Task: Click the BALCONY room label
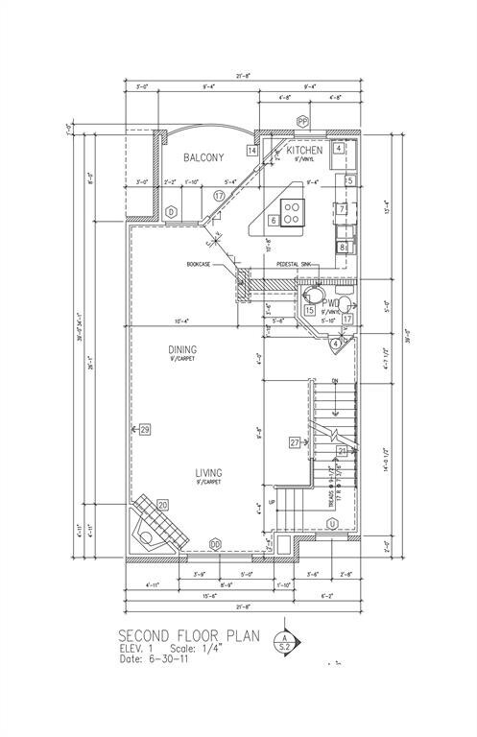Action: [x=203, y=157]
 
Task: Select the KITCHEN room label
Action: [x=304, y=151]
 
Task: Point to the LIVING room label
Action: [x=209, y=473]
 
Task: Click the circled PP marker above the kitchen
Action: [x=302, y=121]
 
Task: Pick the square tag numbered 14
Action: [x=251, y=151]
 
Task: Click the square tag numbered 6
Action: [x=274, y=220]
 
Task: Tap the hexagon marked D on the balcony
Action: [x=171, y=211]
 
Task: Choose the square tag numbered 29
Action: [x=145, y=429]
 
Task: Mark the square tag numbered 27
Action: [x=295, y=442]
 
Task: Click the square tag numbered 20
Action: [x=162, y=505]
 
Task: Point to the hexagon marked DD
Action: [x=215, y=544]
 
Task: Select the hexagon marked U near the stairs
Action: [x=332, y=523]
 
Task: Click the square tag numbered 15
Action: [x=309, y=310]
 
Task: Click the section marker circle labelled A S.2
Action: [x=284, y=642]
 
